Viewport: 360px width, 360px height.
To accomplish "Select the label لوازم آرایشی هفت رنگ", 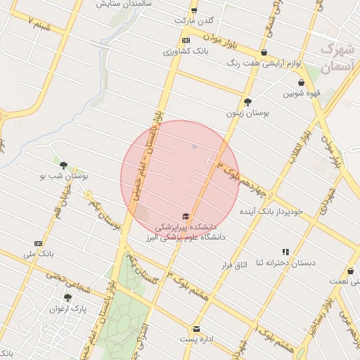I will point(264,63).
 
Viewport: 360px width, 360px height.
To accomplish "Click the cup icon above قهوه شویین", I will point(301,83).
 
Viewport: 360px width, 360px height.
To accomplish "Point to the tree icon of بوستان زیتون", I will point(247,102).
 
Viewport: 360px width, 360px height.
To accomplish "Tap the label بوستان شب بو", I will point(65,176).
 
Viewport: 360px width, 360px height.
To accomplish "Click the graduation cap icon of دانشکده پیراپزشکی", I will point(186,216).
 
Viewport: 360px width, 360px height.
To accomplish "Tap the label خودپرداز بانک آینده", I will point(271,210).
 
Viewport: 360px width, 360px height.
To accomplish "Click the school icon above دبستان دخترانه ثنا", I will point(285,252).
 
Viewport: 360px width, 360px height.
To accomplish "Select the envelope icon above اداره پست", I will point(197,329).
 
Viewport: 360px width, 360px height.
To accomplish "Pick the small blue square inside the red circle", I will point(195,148).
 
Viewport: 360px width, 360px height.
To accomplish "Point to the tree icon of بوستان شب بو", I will point(64,166).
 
